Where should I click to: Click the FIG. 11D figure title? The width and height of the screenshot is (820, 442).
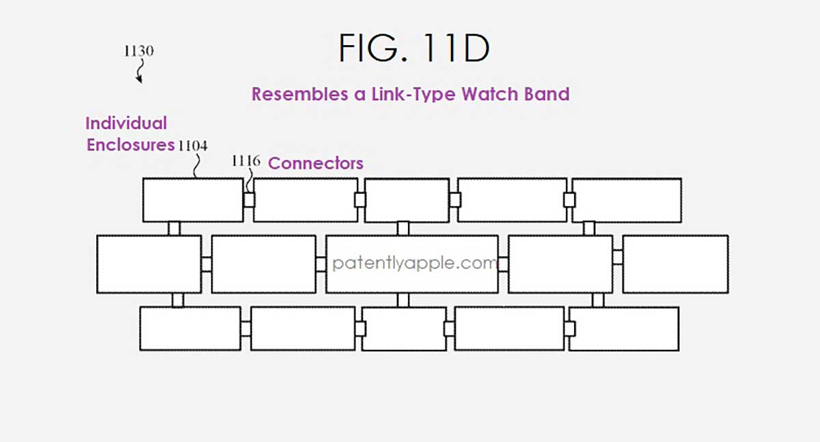pos(414,50)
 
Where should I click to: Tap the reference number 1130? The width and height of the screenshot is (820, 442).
pos(138,51)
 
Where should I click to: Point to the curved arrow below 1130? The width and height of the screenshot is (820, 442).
pos(141,71)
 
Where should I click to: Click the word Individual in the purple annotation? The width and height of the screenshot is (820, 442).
pos(126,124)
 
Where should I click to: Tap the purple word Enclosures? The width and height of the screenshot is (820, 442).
pos(130,145)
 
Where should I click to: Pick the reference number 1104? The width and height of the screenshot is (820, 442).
pos(193,146)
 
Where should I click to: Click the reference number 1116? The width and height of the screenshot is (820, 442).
pos(247,161)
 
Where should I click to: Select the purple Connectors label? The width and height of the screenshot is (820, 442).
pos(316,163)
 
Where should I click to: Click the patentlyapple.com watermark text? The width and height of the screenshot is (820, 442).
pos(414,264)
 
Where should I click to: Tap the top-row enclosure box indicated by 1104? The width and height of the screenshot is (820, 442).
pos(193,200)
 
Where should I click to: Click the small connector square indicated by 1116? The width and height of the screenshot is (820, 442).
pos(249,200)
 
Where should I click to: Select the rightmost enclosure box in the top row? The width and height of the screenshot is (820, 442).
pos(626,200)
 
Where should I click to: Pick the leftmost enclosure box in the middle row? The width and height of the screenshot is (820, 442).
pos(149,264)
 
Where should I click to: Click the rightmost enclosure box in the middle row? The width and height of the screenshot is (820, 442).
pos(675,264)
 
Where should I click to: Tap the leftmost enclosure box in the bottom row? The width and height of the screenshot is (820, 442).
pos(190,329)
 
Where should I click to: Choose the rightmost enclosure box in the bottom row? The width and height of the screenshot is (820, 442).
pos(623,329)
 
